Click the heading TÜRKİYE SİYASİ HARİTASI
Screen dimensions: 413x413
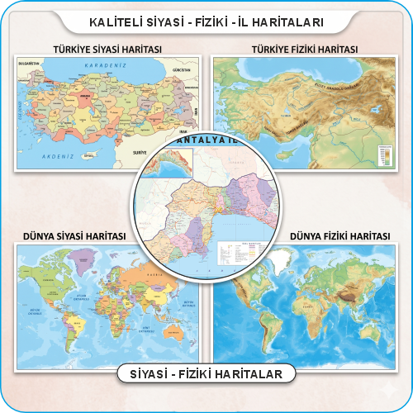pyautogui.click(x=107, y=50)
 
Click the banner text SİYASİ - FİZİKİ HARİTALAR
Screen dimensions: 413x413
pyautogui.click(x=206, y=374)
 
